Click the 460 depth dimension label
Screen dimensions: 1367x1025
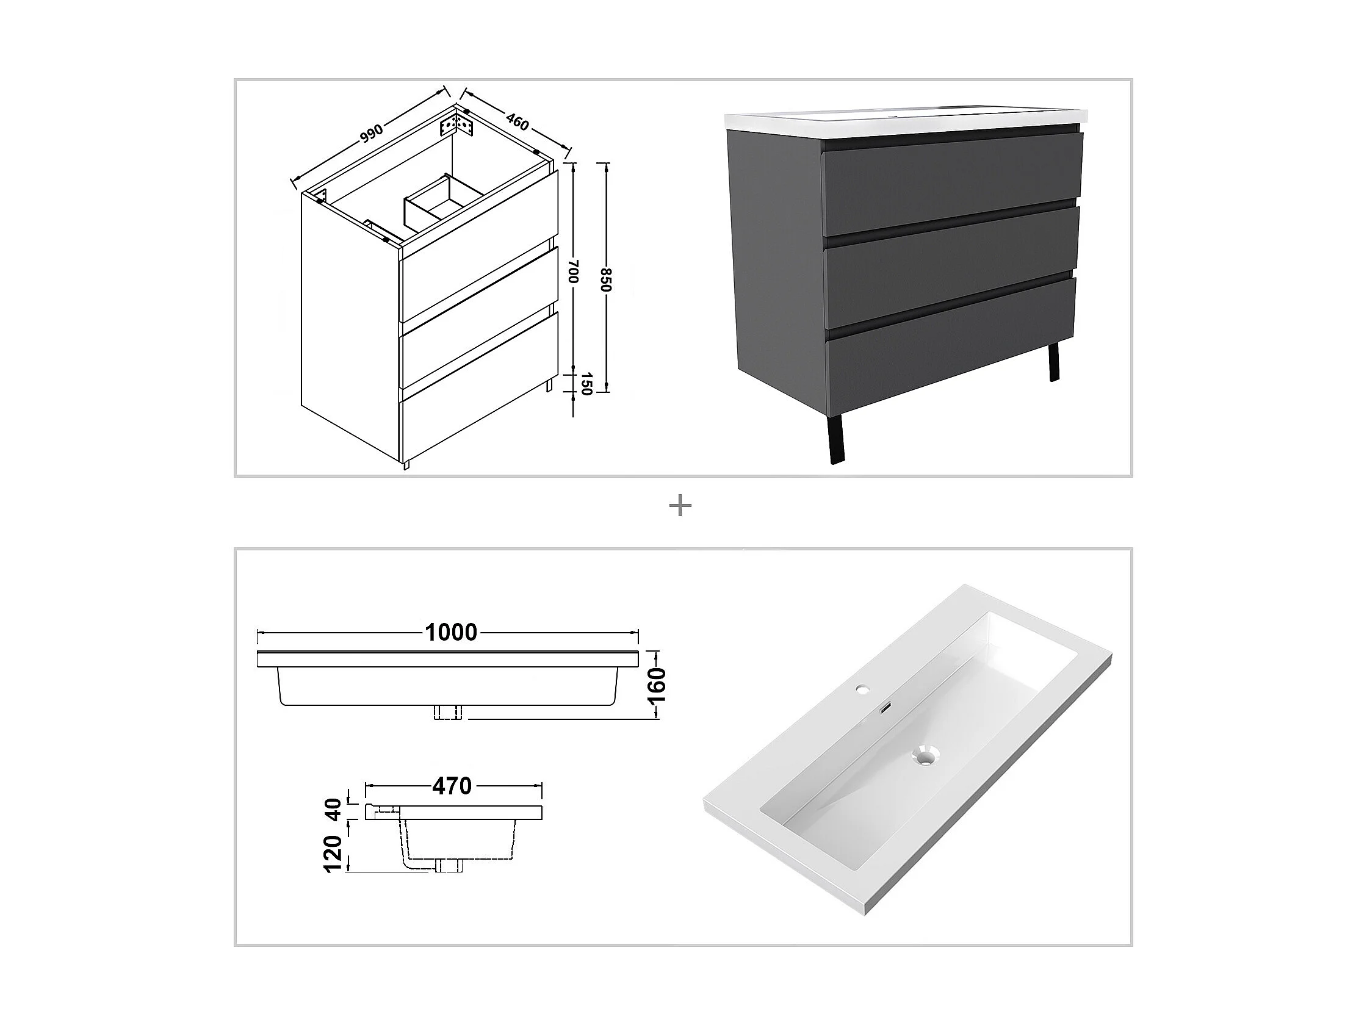[x=518, y=121]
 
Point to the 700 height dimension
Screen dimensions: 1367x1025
[x=573, y=272]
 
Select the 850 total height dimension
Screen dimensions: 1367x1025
[x=606, y=279]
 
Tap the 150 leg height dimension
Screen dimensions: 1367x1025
[x=586, y=383]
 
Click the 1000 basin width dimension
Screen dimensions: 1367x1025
[x=451, y=632]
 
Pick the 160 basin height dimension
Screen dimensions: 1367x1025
[x=658, y=685]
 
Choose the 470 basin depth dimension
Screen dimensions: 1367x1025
[x=452, y=786]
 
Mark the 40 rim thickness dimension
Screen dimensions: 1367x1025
[x=333, y=810]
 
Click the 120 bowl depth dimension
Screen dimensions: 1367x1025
[x=333, y=853]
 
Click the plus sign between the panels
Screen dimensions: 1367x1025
[x=680, y=506]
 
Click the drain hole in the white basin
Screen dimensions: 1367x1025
[x=925, y=755]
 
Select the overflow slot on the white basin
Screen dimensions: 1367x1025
[x=884, y=709]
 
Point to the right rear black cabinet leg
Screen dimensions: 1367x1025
[x=1054, y=364]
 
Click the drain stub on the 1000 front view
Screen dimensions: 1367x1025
[x=447, y=712]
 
